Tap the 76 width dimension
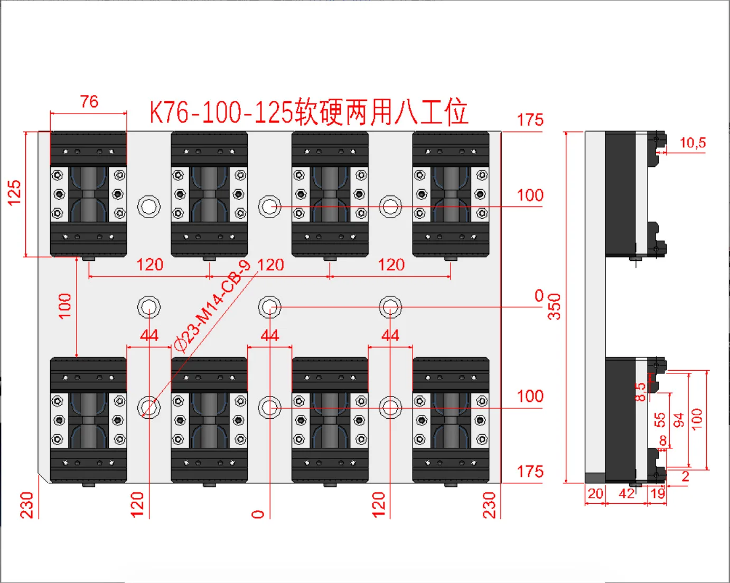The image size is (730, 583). (89, 101)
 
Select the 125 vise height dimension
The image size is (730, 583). (14, 193)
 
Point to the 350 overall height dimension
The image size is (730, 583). (554, 306)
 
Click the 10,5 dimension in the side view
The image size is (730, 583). (692, 143)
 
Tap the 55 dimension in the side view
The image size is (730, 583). (660, 420)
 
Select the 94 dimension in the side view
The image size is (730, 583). (679, 420)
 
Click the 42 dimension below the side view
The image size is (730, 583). (626, 494)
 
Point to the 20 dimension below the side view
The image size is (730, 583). (595, 494)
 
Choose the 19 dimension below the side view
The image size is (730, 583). (658, 494)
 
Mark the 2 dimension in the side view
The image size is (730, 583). (685, 476)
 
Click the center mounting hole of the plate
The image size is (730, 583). (269, 307)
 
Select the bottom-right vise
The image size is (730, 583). (451, 420)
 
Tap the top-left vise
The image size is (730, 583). (88, 194)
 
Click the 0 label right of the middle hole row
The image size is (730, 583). (539, 296)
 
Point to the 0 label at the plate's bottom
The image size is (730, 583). (258, 514)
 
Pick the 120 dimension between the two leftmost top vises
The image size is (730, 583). (150, 265)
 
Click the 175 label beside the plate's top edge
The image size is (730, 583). (530, 120)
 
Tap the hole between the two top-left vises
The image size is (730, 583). (149, 206)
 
